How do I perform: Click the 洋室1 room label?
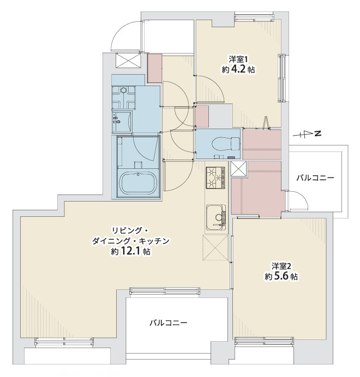tap(238, 59)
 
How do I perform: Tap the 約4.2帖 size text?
tap(238, 70)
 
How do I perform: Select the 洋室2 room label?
tap(281, 266)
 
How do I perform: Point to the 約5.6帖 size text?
tap(281, 277)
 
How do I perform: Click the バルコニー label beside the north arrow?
tap(315, 178)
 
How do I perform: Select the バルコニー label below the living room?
tap(169, 323)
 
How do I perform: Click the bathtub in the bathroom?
tap(137, 183)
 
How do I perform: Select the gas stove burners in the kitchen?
tap(215, 177)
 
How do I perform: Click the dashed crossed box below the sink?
tap(215, 248)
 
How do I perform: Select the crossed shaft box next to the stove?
tap(238, 169)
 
